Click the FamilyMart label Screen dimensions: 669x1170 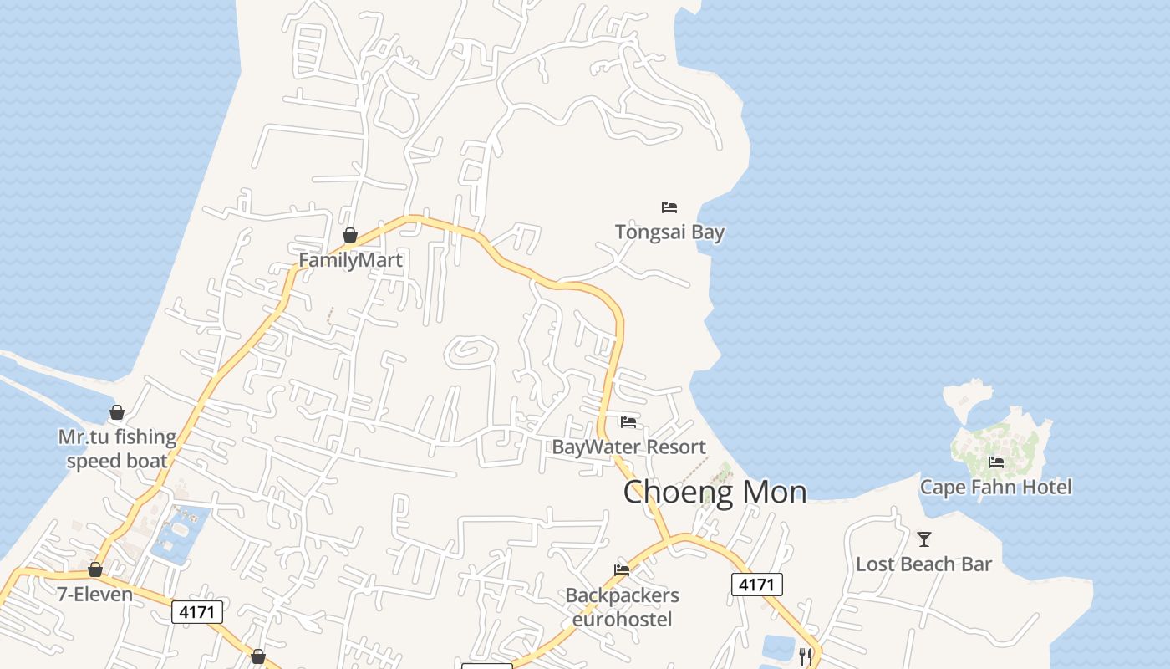coord(350,260)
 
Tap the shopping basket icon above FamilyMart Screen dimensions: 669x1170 coord(350,235)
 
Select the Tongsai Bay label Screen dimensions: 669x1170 coord(669,232)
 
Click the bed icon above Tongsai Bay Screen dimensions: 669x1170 coord(669,207)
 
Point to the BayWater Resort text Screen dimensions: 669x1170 coord(628,447)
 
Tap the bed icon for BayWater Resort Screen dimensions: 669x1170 coord(628,422)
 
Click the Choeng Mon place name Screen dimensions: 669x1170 coord(715,492)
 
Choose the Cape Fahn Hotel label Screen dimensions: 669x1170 coord(995,487)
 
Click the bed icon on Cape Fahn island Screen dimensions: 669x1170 coord(995,462)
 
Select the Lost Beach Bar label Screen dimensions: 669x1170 coord(923,564)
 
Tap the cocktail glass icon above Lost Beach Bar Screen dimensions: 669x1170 coord(924,539)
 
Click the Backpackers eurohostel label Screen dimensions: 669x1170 coord(622,607)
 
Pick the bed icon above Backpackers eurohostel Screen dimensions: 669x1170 coord(622,570)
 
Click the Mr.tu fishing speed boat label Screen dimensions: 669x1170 coord(117,449)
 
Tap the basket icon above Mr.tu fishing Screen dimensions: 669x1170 coord(117,412)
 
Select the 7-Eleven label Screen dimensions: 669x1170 coord(94,595)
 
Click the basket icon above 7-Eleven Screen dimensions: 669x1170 coord(95,569)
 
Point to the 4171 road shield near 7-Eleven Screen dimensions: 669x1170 coord(198,612)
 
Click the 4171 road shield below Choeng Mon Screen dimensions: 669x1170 coord(756,585)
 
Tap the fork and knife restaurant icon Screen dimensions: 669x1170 coord(805,656)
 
